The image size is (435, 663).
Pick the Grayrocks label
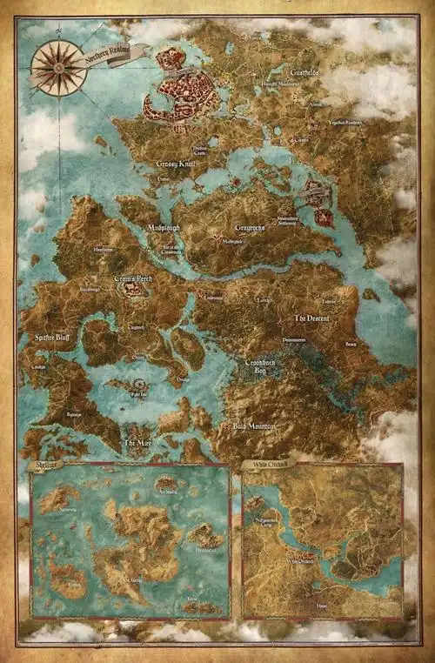251,229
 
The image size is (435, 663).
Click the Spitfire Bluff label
53,336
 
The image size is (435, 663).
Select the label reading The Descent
311,319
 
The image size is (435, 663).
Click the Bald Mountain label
254,426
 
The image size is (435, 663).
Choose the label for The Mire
137,444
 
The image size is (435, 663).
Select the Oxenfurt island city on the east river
318,198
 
